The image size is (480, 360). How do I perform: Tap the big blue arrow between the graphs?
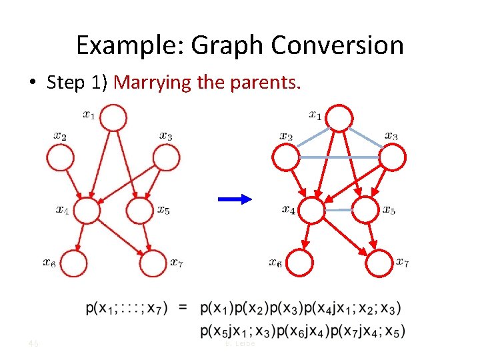point(235,199)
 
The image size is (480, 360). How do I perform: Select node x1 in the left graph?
point(114,118)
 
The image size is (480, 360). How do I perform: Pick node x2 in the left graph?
point(59,158)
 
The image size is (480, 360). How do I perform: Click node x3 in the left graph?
point(167,158)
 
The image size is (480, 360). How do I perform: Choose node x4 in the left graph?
point(87,211)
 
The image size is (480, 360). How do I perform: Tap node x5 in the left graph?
point(139,211)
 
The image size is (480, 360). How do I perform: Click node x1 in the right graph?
point(340,118)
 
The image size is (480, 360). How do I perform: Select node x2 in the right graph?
point(287,157)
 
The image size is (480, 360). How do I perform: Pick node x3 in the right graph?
point(393,157)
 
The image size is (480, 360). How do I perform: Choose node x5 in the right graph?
point(365,210)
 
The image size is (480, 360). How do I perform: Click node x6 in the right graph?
point(300,263)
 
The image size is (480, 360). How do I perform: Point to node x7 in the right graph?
point(379,263)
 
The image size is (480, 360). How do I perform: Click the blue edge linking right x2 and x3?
point(339,157)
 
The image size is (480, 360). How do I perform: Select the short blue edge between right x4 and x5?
point(339,210)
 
